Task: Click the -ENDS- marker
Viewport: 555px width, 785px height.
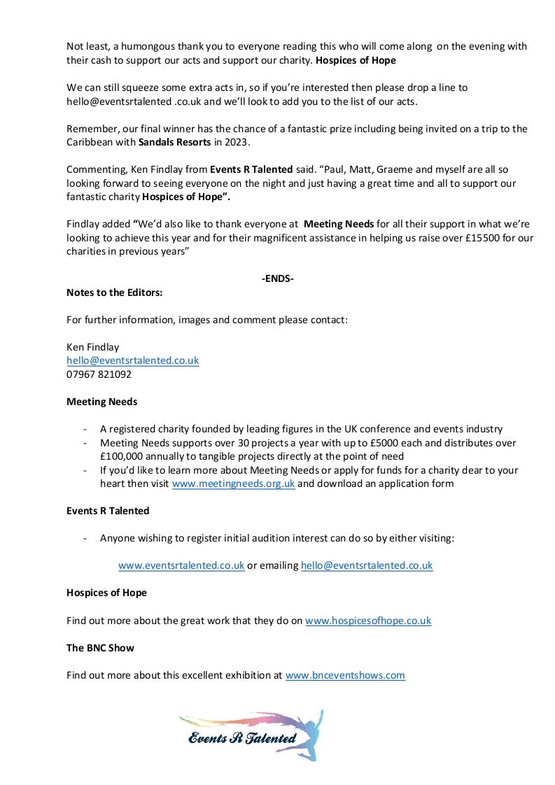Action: [x=277, y=279]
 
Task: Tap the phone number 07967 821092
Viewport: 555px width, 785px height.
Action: [x=99, y=374]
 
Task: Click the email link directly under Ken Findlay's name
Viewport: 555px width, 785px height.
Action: [x=132, y=360]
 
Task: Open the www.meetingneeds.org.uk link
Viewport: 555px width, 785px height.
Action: [x=233, y=483]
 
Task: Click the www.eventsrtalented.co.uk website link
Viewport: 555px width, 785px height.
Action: [x=181, y=565]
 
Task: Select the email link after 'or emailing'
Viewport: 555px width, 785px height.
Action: [x=367, y=565]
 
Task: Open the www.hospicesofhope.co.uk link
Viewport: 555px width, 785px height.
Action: [x=368, y=621]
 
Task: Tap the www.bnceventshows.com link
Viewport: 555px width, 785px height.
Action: [x=345, y=675]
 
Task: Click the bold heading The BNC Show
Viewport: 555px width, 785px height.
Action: [x=100, y=648]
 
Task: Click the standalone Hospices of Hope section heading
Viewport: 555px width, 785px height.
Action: [x=106, y=593]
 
